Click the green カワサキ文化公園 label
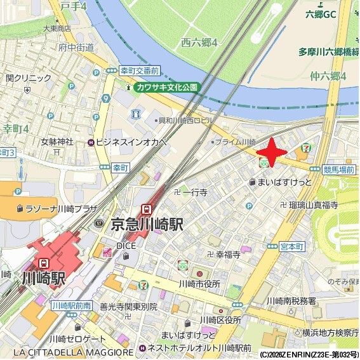click(x=166, y=87)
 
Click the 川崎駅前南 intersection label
click(x=72, y=305)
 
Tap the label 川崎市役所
click(x=200, y=283)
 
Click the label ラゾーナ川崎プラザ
click(x=59, y=208)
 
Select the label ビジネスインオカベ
click(x=132, y=142)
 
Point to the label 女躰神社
click(x=57, y=141)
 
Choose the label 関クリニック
click(x=29, y=78)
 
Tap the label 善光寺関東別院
click(x=128, y=306)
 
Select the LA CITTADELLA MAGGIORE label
click(x=73, y=352)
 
